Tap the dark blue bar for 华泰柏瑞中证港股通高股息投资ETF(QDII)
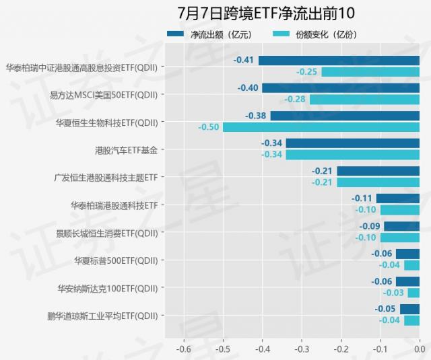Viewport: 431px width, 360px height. pos(339,61)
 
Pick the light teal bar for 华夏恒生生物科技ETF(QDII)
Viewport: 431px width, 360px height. pos(321,127)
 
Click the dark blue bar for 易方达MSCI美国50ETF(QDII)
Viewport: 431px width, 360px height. pos(341,88)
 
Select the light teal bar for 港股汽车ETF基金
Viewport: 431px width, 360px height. pos(352,154)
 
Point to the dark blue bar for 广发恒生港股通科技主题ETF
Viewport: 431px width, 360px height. pos(378,171)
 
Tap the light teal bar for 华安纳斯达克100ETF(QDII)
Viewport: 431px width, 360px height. pos(413,292)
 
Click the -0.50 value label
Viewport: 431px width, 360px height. pos(209,127)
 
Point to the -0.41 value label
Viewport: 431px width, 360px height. pos(243,61)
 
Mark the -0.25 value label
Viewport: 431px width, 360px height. pos(306,71)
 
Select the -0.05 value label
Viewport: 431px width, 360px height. pos(386,309)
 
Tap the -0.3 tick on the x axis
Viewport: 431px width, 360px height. pos(302,349)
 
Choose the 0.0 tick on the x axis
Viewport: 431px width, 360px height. pos(420,349)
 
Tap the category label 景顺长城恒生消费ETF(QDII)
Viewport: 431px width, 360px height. pos(108,233)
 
